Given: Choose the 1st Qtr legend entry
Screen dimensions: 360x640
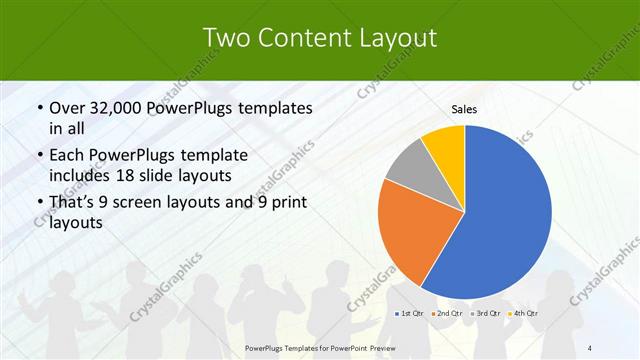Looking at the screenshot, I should (409, 315).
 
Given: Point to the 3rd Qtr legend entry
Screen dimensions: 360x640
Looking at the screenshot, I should (486, 315).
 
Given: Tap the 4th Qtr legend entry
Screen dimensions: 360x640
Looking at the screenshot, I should (523, 315).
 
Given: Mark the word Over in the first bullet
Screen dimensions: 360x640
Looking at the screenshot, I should (67, 108).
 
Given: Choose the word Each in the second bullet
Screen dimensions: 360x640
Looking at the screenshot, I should (67, 156).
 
